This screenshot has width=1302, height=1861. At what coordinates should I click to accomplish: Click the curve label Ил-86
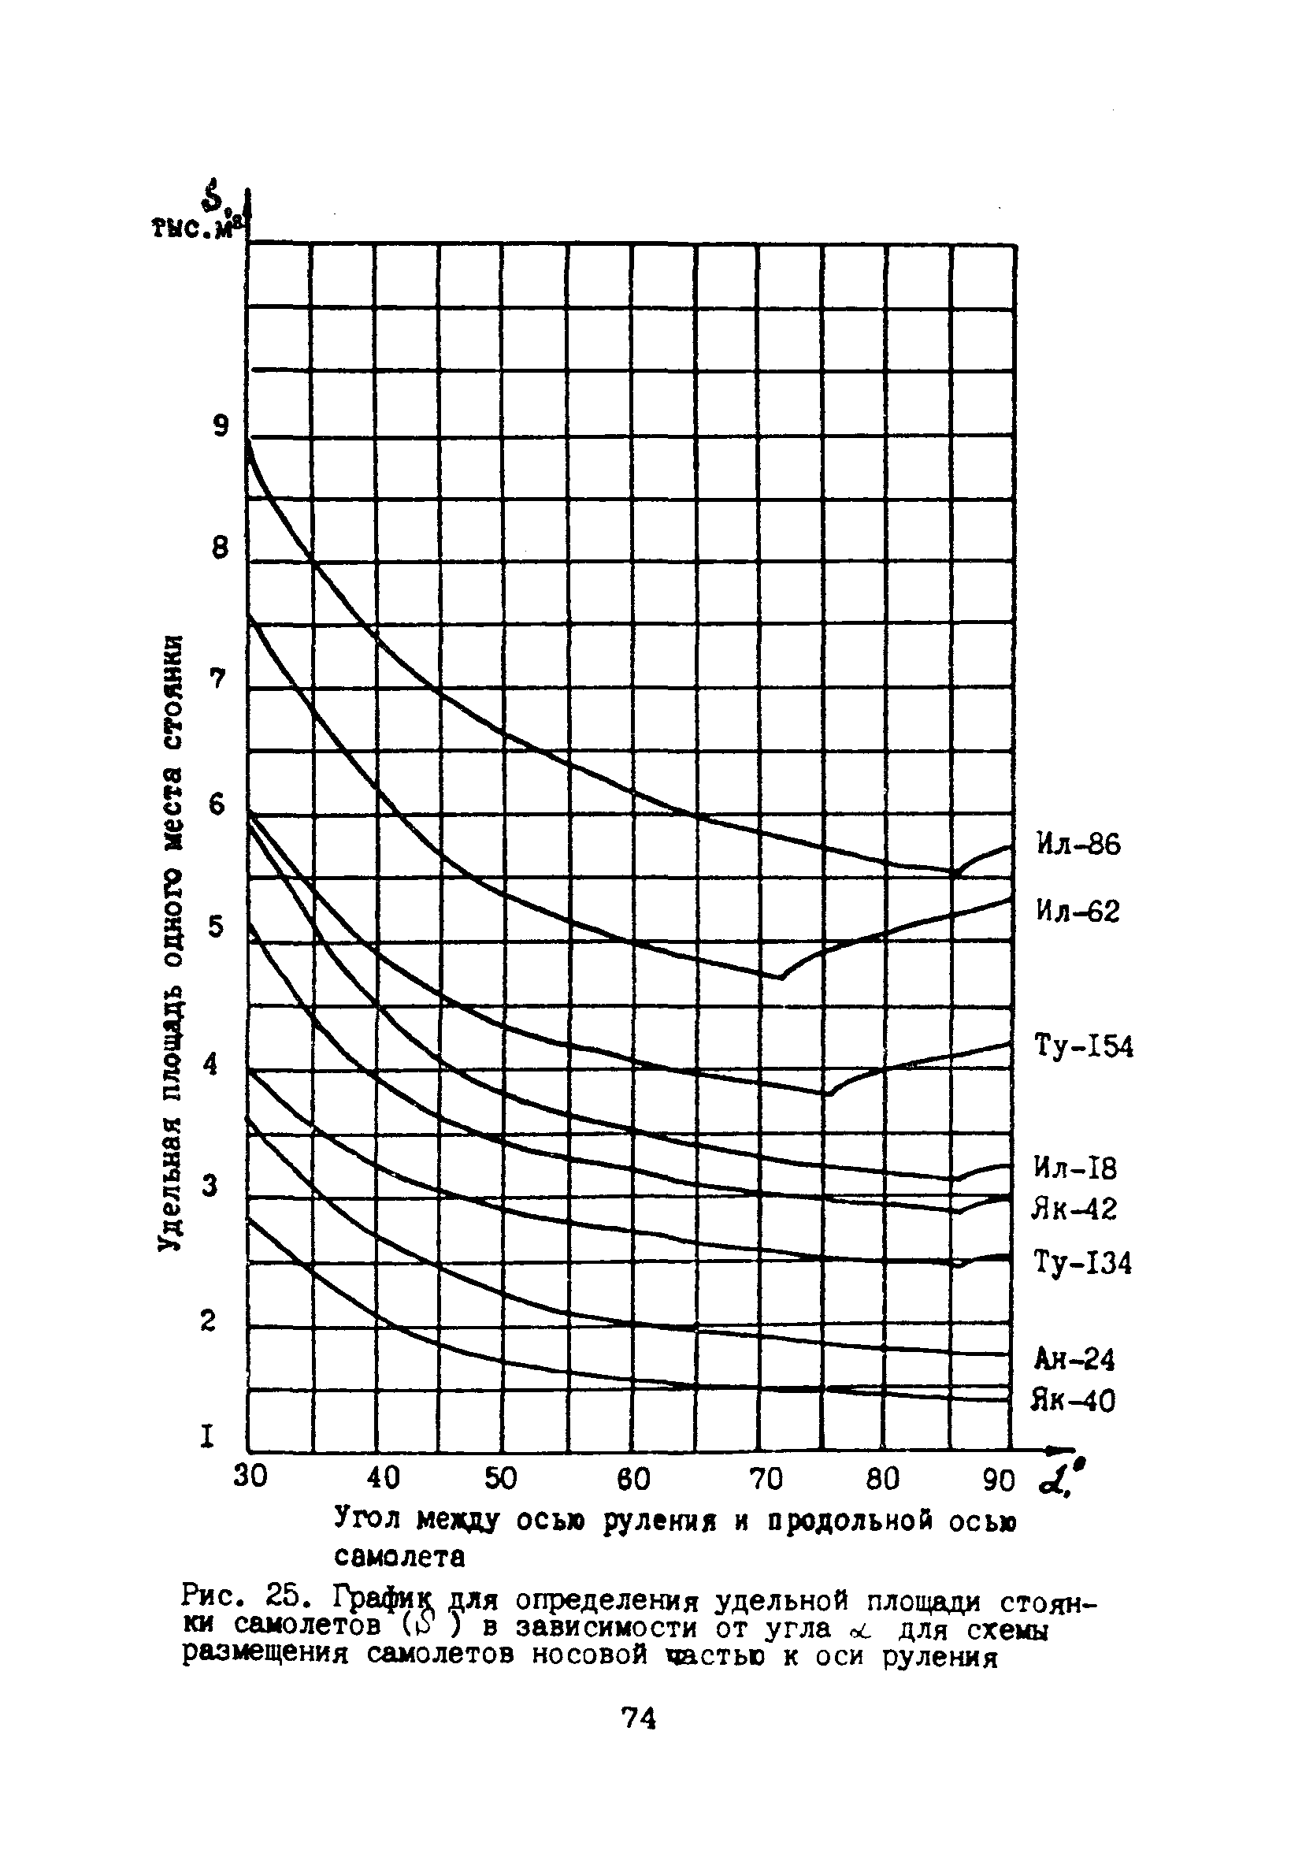(1078, 845)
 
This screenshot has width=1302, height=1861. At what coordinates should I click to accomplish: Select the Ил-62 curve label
(1078, 912)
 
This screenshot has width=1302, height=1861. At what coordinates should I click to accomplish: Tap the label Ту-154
(1084, 1046)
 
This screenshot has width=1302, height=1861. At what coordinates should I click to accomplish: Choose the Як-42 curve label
(1074, 1209)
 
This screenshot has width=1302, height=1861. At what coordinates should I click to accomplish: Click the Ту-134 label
(1082, 1263)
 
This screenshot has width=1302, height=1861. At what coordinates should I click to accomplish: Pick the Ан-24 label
(1074, 1359)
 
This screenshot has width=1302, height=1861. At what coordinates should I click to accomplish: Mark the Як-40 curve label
(1073, 1401)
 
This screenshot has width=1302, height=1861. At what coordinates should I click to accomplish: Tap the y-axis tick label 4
(211, 1063)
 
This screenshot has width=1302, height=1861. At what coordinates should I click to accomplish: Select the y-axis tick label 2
(208, 1321)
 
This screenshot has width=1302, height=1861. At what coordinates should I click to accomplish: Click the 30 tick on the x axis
(250, 1477)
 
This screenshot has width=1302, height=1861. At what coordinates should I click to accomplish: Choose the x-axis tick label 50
(501, 1478)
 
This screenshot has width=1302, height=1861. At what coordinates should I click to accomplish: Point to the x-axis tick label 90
(998, 1482)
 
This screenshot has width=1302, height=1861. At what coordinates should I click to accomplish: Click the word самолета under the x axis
(399, 1557)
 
